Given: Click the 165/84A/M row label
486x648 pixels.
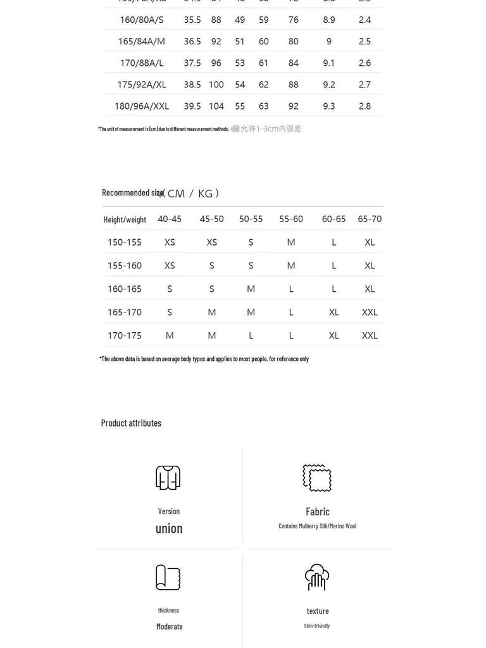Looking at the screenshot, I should click(x=141, y=41).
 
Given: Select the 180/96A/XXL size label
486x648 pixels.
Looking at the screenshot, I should click(x=141, y=106).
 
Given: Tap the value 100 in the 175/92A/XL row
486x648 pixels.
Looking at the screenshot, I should click(x=216, y=84).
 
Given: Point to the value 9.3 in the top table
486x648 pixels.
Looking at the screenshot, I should click(x=329, y=106).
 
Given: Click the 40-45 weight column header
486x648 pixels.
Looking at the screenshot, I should click(x=170, y=219).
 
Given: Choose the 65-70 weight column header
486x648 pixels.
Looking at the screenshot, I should click(x=370, y=219).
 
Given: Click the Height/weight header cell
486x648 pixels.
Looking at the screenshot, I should click(x=125, y=220).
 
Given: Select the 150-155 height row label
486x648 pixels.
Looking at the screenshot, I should click(x=125, y=242).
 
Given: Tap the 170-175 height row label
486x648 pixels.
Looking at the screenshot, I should click(x=125, y=335).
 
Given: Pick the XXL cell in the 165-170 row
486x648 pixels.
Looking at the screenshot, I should click(x=370, y=312).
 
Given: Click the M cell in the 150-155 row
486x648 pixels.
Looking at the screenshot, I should click(x=291, y=242).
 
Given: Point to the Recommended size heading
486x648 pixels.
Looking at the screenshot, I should click(x=133, y=192).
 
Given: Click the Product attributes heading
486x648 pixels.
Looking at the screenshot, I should click(x=131, y=423).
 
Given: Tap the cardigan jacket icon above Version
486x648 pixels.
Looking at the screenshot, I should click(x=168, y=478).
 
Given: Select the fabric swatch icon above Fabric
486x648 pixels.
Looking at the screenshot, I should click(x=317, y=478).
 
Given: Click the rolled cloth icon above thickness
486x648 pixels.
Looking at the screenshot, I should click(x=168, y=577).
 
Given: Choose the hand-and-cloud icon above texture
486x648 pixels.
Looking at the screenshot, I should click(x=317, y=577).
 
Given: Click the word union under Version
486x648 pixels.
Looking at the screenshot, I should click(x=169, y=528).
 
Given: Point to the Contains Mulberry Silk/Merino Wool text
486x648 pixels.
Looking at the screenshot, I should click(x=317, y=526).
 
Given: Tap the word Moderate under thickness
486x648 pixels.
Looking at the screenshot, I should click(x=170, y=626).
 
